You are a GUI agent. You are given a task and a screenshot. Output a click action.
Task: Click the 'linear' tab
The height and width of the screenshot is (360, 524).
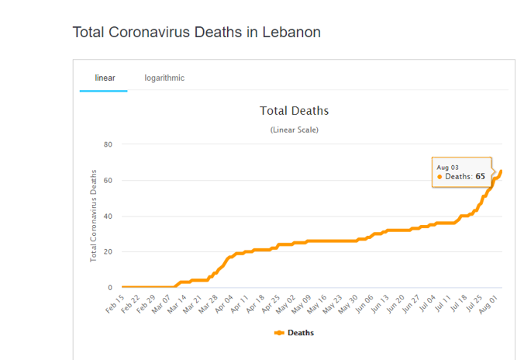click(104, 78)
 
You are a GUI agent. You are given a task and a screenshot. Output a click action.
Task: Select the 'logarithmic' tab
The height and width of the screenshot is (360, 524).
click(164, 78)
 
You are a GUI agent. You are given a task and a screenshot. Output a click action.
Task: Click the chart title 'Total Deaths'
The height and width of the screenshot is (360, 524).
click(294, 111)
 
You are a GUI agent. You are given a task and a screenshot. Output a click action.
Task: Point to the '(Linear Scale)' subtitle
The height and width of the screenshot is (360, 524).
click(294, 130)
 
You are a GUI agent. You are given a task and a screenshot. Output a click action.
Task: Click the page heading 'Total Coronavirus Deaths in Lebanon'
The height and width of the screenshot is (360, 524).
click(196, 33)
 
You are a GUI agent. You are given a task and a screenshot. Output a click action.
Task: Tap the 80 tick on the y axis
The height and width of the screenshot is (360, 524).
click(108, 144)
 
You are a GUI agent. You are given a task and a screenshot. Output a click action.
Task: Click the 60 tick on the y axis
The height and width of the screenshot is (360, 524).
click(108, 181)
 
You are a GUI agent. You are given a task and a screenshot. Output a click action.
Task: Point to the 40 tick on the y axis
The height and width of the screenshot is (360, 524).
click(108, 216)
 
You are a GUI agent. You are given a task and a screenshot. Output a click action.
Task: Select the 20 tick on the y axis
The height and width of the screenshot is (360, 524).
click(108, 252)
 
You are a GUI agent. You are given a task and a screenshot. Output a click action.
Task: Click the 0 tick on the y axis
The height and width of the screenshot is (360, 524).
click(110, 288)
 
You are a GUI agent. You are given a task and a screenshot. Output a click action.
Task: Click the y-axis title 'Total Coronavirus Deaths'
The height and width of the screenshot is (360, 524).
click(93, 215)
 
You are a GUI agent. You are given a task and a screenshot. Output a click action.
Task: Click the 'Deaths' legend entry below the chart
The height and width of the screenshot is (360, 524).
click(295, 333)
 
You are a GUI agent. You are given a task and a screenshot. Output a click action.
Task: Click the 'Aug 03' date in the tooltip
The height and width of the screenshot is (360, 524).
click(448, 167)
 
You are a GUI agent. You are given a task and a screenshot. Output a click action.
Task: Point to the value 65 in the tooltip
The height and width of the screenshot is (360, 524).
click(481, 177)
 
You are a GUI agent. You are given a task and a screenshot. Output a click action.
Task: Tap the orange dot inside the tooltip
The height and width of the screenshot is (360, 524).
click(440, 177)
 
